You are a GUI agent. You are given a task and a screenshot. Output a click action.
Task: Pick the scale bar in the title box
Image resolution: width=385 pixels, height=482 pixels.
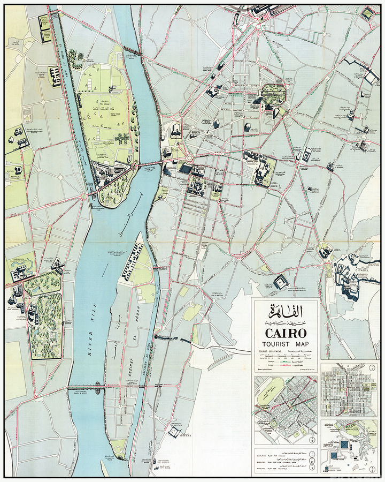(284, 357)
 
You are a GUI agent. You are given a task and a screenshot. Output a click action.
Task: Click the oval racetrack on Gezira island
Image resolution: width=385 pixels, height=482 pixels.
(129, 159)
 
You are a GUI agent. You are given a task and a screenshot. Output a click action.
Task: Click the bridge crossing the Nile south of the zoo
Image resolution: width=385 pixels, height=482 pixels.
(99, 386)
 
